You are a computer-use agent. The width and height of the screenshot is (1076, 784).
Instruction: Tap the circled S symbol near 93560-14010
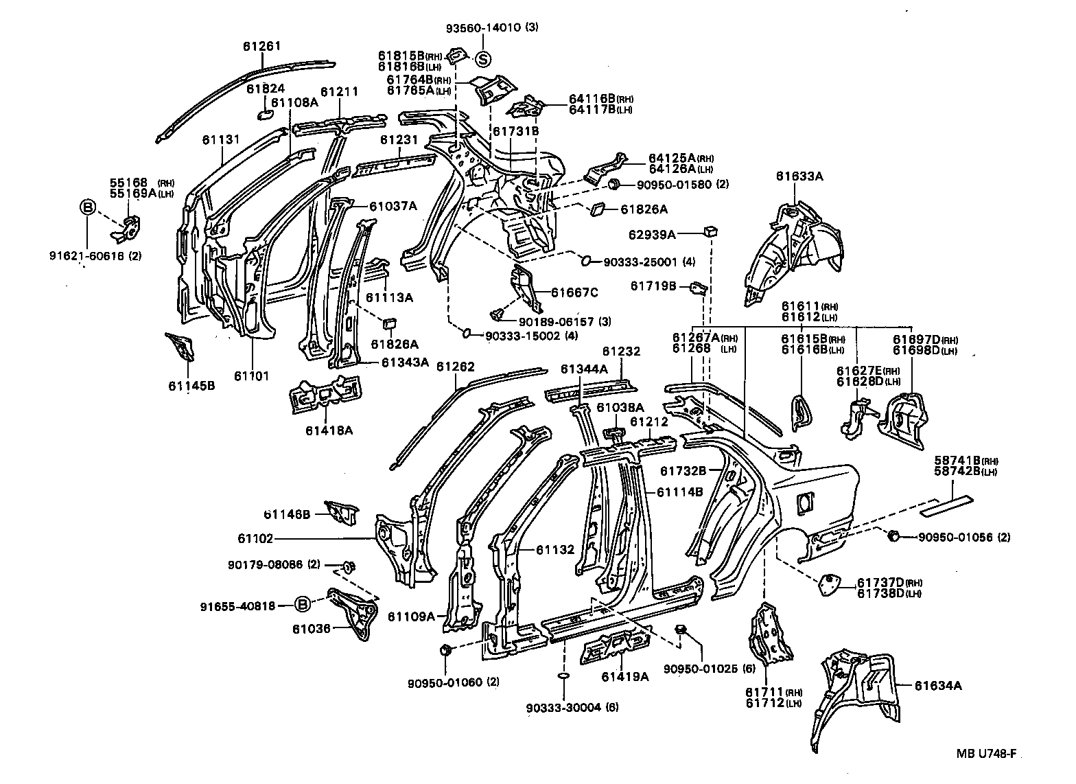(483, 60)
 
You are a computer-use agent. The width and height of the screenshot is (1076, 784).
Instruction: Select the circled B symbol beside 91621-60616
(87, 207)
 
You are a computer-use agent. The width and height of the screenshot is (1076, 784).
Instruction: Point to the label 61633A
(799, 176)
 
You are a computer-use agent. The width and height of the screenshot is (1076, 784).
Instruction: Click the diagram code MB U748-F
(987, 753)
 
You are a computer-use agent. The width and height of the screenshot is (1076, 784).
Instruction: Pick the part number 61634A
(938, 685)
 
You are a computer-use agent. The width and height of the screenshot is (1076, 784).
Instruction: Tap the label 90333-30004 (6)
(572, 708)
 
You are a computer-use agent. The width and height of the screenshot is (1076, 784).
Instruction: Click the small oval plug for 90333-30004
(561, 676)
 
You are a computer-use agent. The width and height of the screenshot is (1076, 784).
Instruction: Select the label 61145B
(191, 385)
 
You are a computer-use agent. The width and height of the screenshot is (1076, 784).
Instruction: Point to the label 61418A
(329, 430)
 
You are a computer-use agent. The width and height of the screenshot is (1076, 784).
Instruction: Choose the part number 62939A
(652, 235)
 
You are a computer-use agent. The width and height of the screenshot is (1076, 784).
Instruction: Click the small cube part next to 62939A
(710, 231)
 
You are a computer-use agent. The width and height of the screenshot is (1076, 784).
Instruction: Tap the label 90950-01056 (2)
(964, 537)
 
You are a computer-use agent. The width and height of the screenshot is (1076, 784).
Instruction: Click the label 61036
(311, 628)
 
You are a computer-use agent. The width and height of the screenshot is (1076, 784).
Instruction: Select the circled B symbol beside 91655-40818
(301, 604)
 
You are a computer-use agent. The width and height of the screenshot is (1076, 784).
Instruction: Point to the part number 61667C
(575, 292)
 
